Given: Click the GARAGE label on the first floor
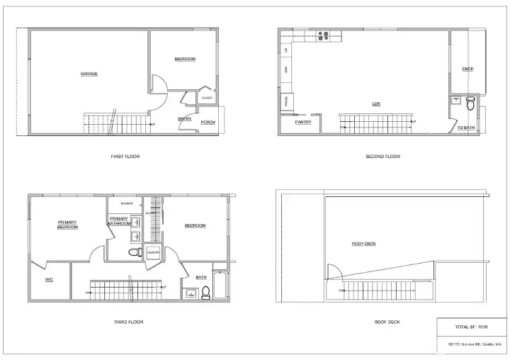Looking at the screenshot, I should [89, 74].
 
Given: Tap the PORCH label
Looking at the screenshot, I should [208, 122].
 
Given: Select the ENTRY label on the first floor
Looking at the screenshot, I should [185, 118].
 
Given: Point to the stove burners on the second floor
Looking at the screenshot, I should [324, 35].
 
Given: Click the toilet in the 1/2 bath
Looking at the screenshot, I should [470, 105].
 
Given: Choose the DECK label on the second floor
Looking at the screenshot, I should [467, 69].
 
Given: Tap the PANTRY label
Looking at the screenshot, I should [302, 122].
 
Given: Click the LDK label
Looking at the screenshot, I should [376, 103].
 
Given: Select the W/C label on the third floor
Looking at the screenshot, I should [49, 279].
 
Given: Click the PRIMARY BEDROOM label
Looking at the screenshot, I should [67, 225].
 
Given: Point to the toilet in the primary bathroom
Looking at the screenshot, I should [133, 252].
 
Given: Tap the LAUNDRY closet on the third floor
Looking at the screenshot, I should [153, 252].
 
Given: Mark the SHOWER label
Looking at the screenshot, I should [127, 203].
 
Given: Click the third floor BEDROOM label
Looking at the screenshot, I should [195, 225].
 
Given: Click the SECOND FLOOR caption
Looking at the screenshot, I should [382, 156].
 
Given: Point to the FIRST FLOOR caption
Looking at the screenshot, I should [125, 156].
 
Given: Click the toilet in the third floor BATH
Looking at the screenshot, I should [205, 291].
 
